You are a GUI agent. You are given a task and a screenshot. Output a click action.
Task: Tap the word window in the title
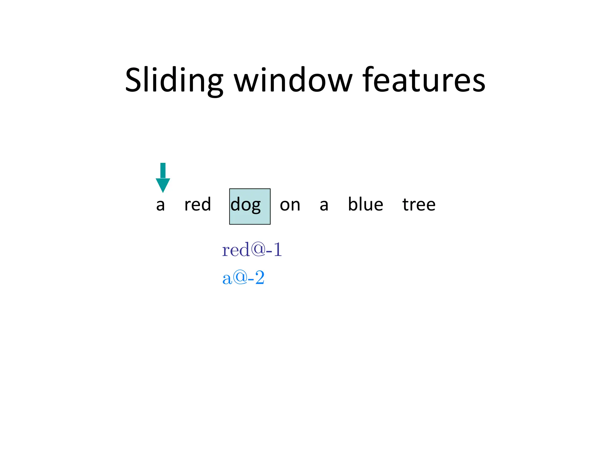293,80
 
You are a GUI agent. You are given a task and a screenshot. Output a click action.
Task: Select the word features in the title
424,80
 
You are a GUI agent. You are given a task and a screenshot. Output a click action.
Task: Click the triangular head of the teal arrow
163,185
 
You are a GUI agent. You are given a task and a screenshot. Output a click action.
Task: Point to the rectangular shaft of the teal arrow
163,171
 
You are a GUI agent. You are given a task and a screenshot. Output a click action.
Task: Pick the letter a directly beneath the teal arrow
161,205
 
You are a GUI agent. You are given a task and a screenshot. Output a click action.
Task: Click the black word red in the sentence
198,205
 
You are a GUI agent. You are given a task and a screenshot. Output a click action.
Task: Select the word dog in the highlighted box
246,205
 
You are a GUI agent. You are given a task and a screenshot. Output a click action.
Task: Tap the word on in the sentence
290,205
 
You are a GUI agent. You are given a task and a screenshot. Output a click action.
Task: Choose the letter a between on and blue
324,205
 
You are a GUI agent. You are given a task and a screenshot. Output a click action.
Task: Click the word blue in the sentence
365,205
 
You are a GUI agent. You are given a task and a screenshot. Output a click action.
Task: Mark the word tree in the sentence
419,205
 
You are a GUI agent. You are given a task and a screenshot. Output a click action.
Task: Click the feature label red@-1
252,250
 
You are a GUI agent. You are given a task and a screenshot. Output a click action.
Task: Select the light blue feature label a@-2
243,278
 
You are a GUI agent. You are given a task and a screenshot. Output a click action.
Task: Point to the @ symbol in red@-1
258,249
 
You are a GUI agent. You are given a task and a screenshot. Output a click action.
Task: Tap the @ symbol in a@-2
240,277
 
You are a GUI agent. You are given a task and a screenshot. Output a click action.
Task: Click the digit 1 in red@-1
277,250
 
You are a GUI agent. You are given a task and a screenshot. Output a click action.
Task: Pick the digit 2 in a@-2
260,278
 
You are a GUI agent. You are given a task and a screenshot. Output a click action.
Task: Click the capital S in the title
134,80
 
